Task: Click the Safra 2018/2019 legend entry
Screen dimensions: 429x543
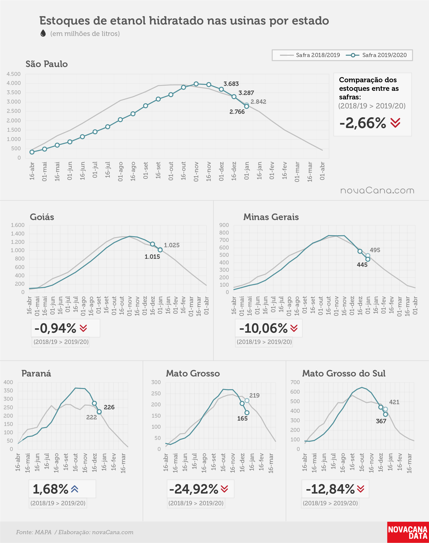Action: pos(310,55)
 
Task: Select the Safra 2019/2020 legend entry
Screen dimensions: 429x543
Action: pos(376,55)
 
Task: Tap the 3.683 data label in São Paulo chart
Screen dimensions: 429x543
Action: pos(231,84)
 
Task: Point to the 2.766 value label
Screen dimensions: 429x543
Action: pos(237,112)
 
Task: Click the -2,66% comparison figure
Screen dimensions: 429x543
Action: pos(363,123)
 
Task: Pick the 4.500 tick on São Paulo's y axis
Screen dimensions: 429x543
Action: pos(13,74)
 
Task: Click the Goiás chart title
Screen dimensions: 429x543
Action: pos(42,217)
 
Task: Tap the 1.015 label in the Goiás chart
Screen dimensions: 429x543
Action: pos(152,257)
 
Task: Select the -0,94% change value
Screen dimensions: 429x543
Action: pos(55,328)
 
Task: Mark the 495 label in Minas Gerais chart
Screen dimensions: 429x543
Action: pos(375,250)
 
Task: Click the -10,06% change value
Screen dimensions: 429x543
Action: pos(263,328)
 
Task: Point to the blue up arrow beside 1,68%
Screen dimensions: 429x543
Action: pos(74,489)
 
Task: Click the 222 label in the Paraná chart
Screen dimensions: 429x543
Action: pos(91,417)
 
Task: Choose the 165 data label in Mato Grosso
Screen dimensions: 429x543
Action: pos(242,419)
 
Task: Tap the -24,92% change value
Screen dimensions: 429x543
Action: pos(194,489)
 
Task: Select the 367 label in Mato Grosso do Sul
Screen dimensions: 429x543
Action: pos(381,421)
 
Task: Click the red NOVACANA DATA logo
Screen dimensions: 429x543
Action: pos(408,532)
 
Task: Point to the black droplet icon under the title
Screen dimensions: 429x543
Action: pos(43,33)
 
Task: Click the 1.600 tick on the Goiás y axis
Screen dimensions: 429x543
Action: pos(18,225)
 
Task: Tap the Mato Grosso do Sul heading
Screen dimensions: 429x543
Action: pos(343,373)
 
